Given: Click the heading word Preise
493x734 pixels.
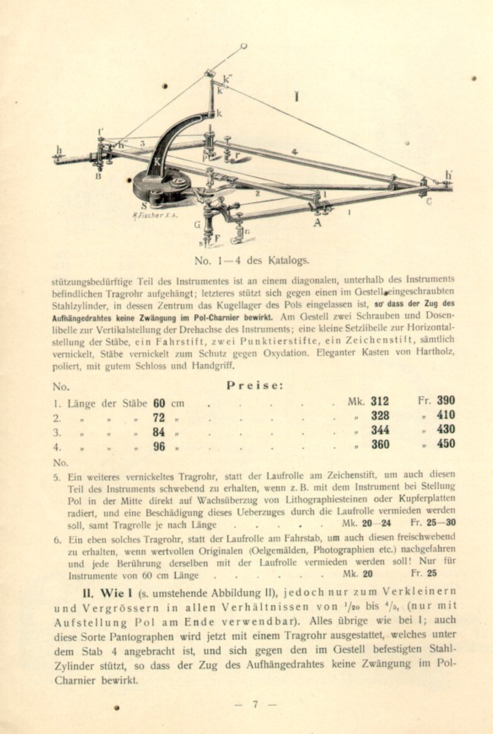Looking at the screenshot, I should pos(255,386).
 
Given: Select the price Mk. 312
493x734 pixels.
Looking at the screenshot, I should pos(380,401).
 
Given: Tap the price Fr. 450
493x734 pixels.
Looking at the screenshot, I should pos(445,444).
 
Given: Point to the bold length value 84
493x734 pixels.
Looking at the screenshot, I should pos(159,432).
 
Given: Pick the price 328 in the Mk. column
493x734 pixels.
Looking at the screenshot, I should pos(380,416).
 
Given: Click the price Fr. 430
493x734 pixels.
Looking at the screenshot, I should pos(445,429).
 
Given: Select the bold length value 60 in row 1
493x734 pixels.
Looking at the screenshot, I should pos(159,403).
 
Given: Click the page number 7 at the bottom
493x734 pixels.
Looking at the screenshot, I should pos(255,704).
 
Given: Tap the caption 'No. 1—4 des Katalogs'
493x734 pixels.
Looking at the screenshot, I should pos(252,260).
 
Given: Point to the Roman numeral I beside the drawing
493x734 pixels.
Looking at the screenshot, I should pos(297,97).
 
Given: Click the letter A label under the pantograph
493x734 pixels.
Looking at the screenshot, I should pos(317,222).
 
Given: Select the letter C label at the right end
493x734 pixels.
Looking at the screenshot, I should pos(429,202).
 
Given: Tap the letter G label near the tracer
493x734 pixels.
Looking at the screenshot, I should pos(197,225).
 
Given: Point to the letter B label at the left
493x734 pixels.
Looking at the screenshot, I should pos(98,176).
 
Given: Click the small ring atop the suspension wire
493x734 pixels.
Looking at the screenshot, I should pos(244,46).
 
